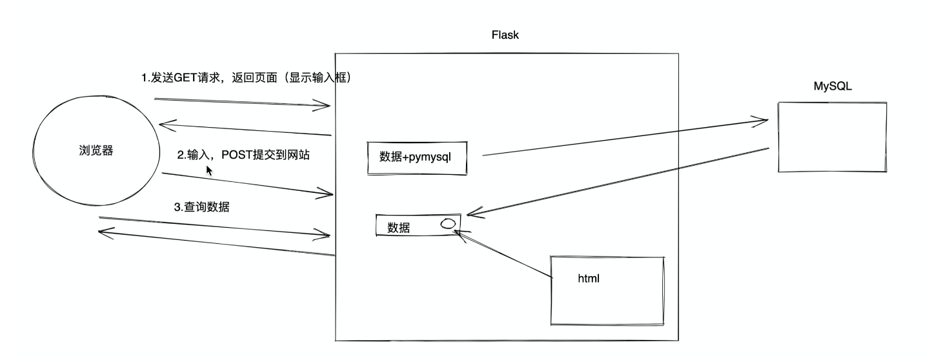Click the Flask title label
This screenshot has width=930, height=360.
(x=505, y=35)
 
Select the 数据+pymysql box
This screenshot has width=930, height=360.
(x=417, y=157)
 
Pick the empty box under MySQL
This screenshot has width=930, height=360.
(x=832, y=137)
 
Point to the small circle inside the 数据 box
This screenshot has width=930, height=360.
(x=448, y=224)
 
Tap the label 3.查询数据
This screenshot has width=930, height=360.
(x=202, y=207)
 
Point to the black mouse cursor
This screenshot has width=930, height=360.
(x=209, y=170)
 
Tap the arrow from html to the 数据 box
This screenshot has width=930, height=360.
(x=503, y=255)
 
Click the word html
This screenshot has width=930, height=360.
(x=589, y=279)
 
